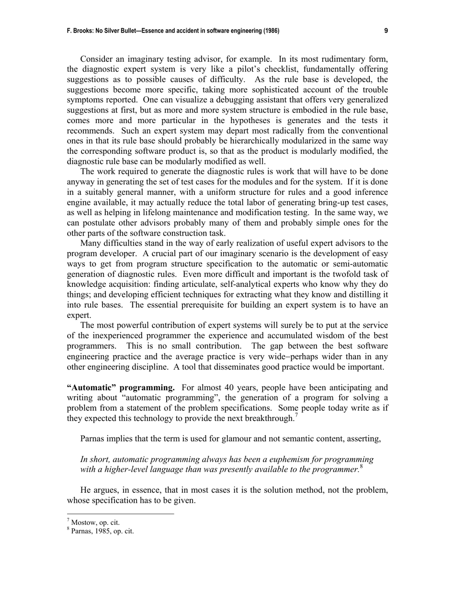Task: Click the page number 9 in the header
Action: pos(386,31)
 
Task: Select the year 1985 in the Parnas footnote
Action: pos(100,531)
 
